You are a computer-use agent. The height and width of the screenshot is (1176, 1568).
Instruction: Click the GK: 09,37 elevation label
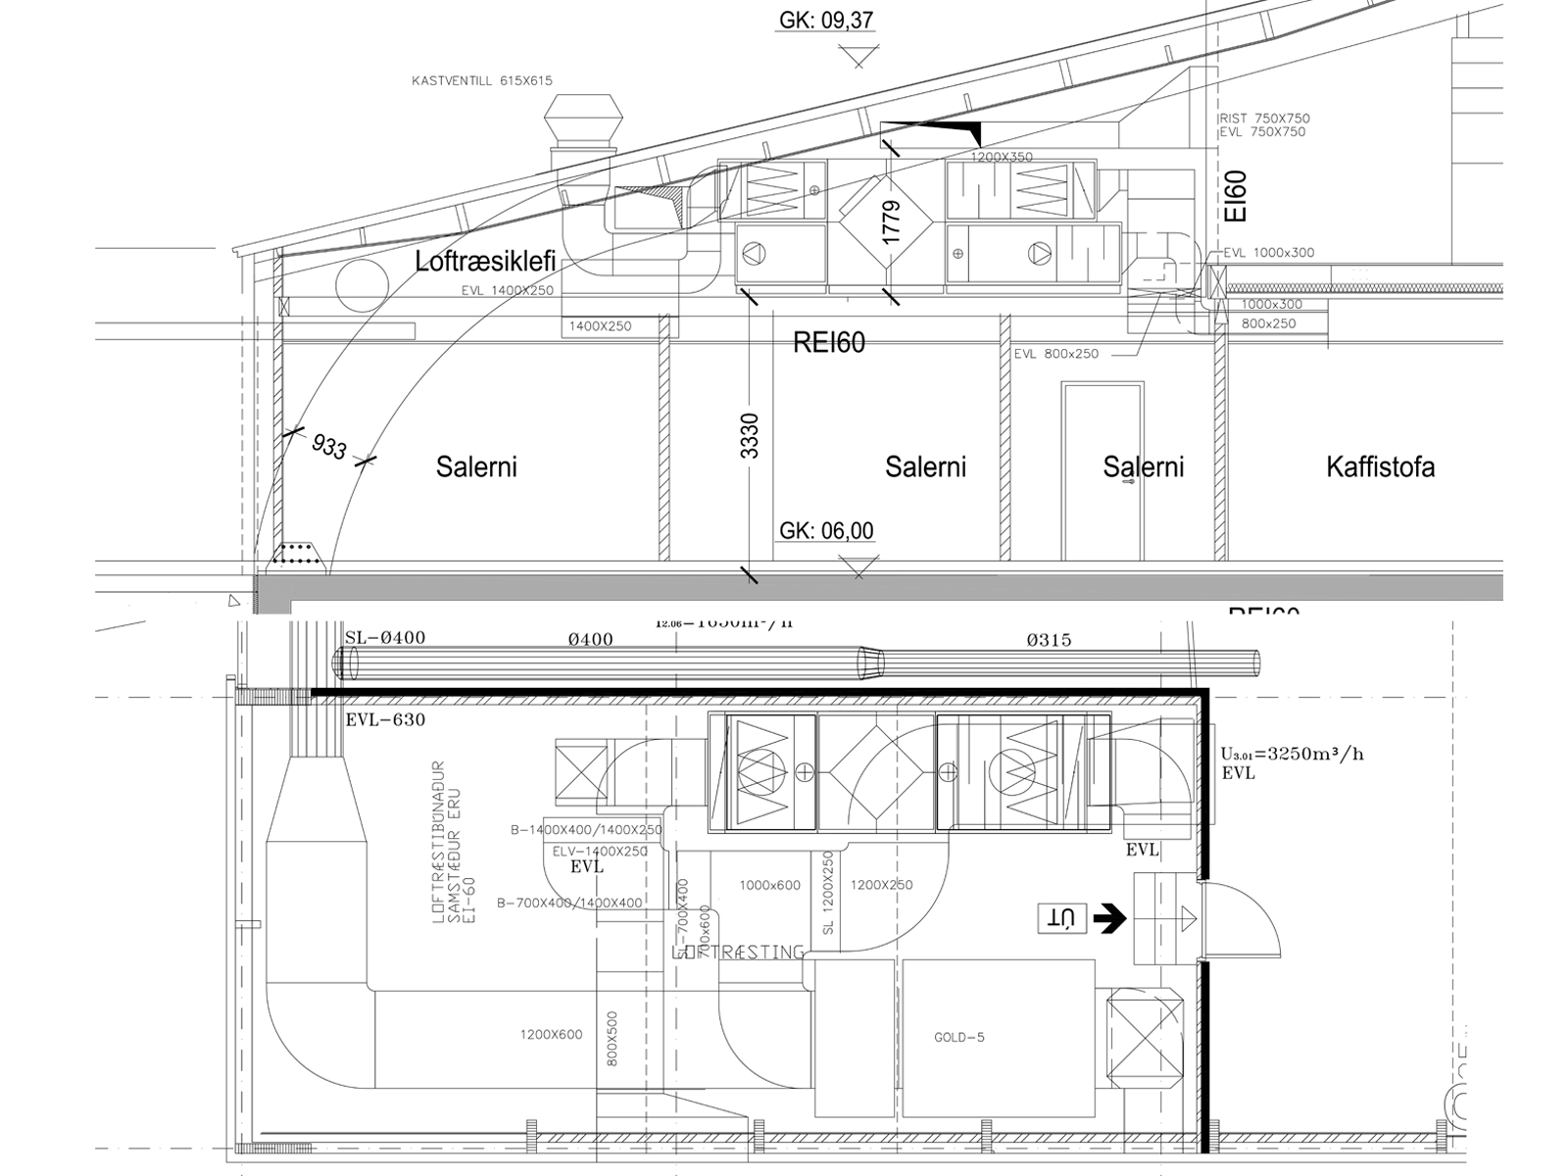tap(826, 20)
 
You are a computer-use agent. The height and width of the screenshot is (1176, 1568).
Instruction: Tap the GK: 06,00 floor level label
tap(826, 531)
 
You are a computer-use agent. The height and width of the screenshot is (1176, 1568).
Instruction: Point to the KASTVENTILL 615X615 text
tap(482, 81)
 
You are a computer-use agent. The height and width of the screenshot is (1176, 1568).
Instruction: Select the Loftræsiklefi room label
tap(485, 262)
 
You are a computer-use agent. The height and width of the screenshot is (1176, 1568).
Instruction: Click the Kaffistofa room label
tap(1380, 466)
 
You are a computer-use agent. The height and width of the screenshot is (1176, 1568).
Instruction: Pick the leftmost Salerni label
tap(476, 466)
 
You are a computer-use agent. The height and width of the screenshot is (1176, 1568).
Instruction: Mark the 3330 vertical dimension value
tap(750, 436)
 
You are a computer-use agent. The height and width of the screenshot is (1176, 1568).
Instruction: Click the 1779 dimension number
tap(891, 222)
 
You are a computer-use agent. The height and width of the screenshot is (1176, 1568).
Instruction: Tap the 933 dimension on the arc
tap(329, 447)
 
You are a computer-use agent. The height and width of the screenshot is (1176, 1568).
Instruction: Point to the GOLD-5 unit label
tap(959, 1037)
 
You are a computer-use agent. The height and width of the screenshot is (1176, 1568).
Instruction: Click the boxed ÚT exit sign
tap(1062, 918)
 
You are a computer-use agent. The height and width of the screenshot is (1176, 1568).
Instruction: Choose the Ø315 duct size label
tap(1049, 640)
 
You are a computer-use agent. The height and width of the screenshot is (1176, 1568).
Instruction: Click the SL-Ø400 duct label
tap(385, 638)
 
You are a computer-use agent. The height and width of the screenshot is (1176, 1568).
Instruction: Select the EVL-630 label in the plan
tap(385, 720)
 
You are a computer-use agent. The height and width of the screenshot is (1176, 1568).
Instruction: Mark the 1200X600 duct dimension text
tap(551, 1035)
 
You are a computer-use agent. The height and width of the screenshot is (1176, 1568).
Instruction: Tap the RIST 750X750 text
tap(1264, 119)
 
